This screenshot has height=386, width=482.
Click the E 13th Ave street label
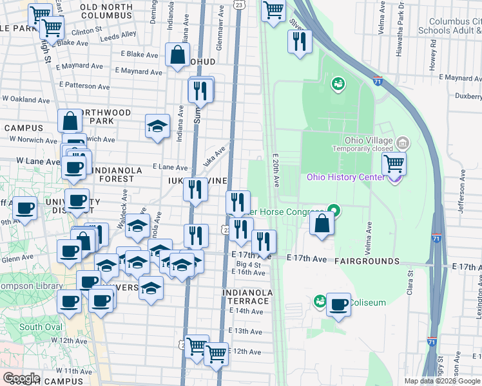(x=246, y=331)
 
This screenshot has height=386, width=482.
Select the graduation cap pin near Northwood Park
(x=157, y=127)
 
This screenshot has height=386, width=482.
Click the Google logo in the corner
(x=21, y=378)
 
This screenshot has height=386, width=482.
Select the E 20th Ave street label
(x=276, y=170)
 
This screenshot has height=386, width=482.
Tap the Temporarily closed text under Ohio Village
(x=361, y=149)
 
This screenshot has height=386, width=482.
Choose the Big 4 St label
(x=249, y=264)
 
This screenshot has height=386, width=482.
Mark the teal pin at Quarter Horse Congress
(x=333, y=210)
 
